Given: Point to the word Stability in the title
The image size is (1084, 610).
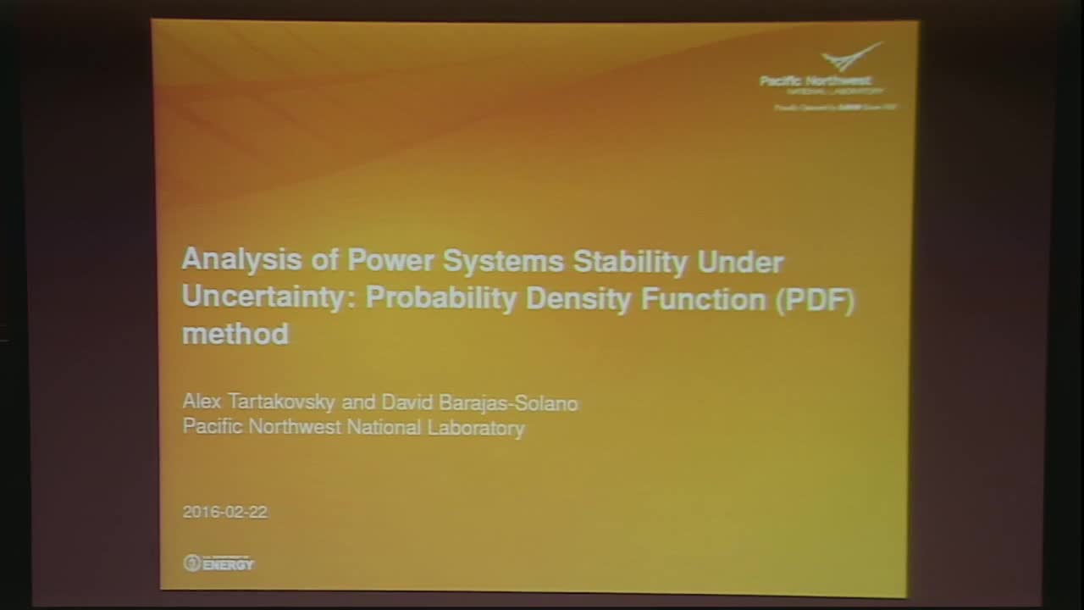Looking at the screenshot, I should coord(630,261).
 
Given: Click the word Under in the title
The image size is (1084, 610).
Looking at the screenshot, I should coord(740,262).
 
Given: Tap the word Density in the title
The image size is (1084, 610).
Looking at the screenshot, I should coord(578,299).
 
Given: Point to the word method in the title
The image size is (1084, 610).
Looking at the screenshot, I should coord(235,333).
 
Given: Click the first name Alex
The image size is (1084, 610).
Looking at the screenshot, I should coord(202,402).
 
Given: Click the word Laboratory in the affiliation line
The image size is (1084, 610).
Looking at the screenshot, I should coord(476,428).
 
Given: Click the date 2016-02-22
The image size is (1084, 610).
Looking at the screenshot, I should coord(225,512).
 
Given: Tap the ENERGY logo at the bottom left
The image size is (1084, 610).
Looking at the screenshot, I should coord(218,563).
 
